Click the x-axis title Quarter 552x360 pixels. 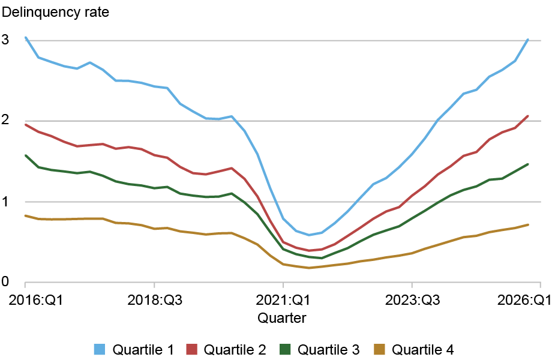(282, 318)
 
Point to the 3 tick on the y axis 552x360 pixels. (7, 40)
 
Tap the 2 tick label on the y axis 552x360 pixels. (7, 121)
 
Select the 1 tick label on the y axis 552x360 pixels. (7, 202)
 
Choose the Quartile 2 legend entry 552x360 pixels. (235, 349)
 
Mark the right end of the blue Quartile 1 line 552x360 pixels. (528, 40)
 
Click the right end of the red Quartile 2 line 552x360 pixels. (528, 116)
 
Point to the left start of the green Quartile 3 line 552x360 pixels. (25, 155)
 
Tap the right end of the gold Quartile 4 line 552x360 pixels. (528, 224)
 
